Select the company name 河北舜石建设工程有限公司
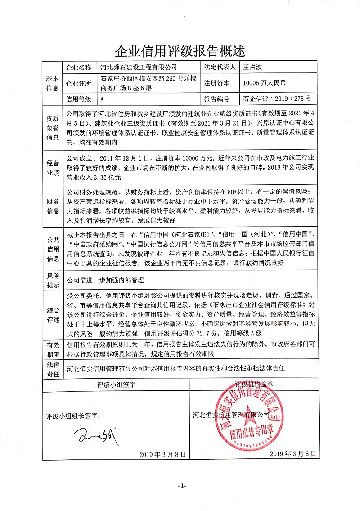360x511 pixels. [x=139, y=68]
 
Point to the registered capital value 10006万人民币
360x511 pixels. [x=264, y=83]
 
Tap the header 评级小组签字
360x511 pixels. [x=116, y=385]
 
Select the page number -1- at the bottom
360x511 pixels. [x=181, y=485]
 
